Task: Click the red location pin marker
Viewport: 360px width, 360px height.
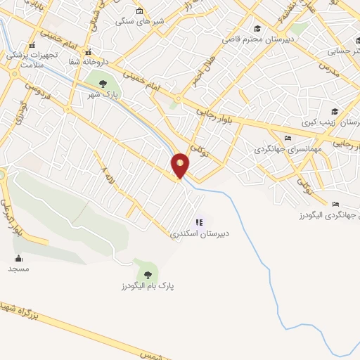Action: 181,165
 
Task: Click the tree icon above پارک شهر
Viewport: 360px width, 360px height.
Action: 103,84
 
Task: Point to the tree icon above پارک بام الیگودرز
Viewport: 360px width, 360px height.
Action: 148,275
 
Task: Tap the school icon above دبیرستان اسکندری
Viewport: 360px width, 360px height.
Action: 200,222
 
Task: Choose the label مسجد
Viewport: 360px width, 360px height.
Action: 18,269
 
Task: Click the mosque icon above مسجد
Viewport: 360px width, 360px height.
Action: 18,258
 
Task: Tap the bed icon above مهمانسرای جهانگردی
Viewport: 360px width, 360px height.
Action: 288,138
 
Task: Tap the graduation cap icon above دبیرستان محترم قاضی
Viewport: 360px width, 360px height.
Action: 258,28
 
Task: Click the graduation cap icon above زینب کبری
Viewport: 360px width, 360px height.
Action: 335,111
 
